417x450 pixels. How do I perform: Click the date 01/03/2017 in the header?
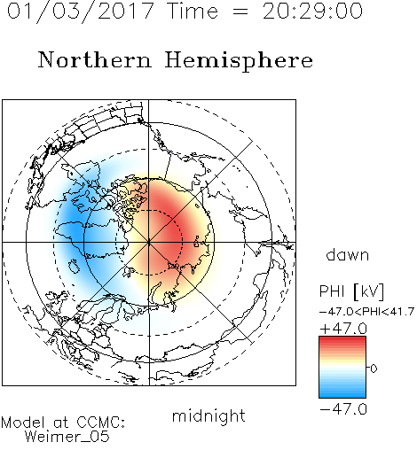coord(80,12)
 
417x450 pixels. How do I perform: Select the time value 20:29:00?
coord(312,12)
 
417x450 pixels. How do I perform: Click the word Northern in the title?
coord(95,60)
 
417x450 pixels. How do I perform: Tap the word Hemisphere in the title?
coord(239,61)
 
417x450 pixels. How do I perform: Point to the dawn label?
coord(348,255)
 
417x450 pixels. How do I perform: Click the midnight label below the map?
coord(208,416)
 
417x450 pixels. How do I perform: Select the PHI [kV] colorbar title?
coord(351,291)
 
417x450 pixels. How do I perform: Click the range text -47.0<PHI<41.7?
coord(366,312)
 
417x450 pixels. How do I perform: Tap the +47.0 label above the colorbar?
coord(343,329)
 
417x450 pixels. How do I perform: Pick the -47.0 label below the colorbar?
coord(343,409)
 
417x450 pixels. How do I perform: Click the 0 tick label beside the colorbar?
coord(374,369)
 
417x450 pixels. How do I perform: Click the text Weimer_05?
coord(67,437)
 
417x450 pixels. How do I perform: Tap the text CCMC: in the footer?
coord(100,423)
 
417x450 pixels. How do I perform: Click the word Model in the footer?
coord(23,423)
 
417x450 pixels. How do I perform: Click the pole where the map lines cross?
coord(149,243)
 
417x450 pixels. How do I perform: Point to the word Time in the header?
coord(193,12)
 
